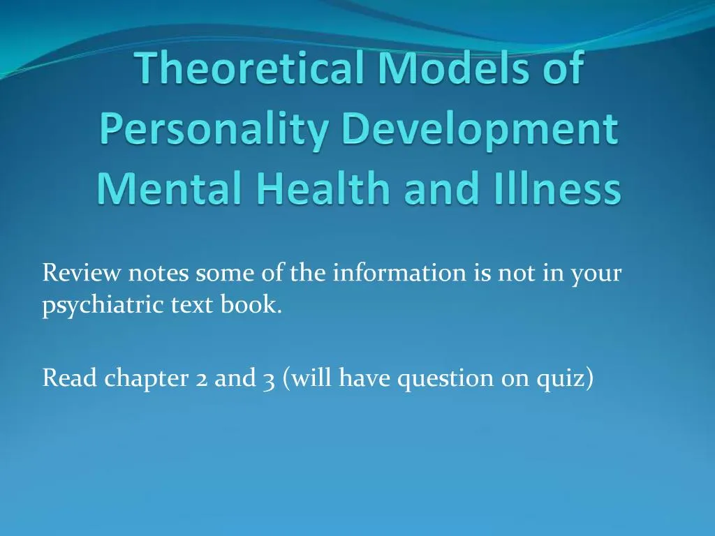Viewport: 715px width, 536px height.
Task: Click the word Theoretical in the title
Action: coord(242,71)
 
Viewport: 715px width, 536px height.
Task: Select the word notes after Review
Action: coord(158,273)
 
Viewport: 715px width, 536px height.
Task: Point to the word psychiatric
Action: coord(103,306)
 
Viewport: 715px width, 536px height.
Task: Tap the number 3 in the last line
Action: coord(269,378)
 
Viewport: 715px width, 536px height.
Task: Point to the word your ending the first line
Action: coord(596,273)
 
